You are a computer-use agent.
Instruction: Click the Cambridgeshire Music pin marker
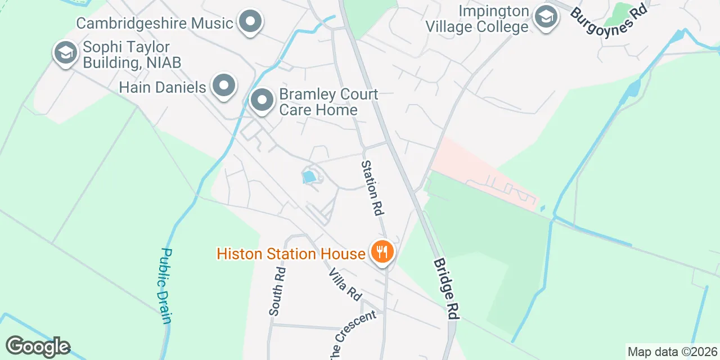pos(251,22)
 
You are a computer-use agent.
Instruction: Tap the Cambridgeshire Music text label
pos(155,24)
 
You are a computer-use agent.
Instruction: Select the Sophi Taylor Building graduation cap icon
pos(66,53)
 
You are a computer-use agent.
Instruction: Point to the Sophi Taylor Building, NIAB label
pos(132,55)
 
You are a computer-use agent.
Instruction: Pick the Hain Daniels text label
pos(163,87)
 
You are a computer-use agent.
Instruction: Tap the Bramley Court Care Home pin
pos(262,101)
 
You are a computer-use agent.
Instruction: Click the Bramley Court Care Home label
pos(328,102)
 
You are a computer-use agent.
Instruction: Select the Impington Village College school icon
pos(545,17)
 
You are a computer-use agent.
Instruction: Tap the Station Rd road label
pos(372,188)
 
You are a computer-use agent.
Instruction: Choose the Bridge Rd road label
pos(446,289)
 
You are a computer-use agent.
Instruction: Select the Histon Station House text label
pos(291,254)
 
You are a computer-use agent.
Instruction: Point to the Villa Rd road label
pos(345,284)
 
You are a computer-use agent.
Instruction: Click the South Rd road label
pos(277,291)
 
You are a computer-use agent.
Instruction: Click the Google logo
pos(38,346)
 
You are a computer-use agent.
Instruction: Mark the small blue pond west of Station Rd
pos(309,178)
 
